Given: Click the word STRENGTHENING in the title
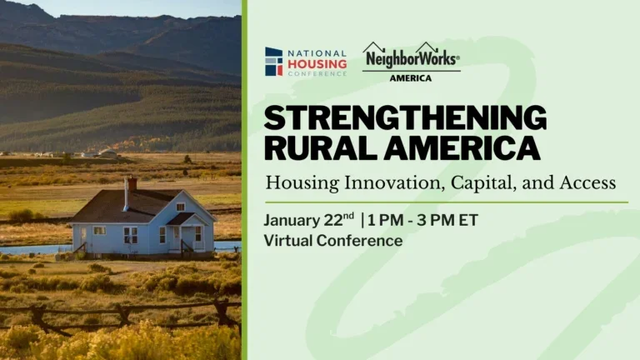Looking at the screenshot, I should [x=405, y=118].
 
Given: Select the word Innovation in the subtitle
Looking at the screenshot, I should [x=379, y=181].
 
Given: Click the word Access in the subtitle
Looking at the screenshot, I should [x=585, y=181].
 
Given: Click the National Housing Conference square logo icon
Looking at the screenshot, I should [x=273, y=62].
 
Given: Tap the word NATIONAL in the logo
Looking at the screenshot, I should [x=317, y=52].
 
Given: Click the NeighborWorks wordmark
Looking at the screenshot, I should [x=411, y=58].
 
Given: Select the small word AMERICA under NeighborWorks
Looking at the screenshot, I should [x=411, y=78].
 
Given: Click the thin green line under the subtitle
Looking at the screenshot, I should [x=446, y=202].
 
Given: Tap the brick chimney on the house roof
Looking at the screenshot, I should [x=132, y=182].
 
